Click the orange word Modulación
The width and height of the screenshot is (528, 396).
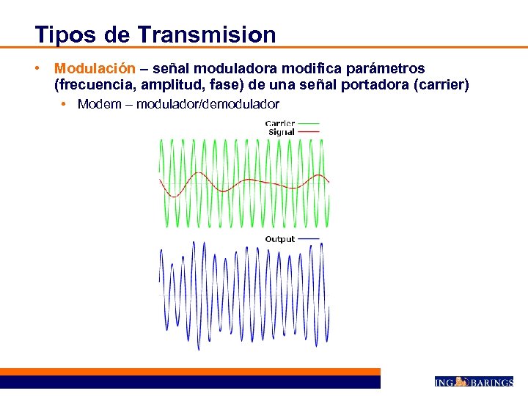point(95,68)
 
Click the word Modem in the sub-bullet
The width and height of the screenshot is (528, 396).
point(98,103)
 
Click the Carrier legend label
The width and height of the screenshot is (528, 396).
point(280,123)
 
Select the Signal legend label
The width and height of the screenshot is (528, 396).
point(282,132)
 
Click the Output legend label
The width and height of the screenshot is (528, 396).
point(279,239)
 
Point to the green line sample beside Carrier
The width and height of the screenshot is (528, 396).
point(309,123)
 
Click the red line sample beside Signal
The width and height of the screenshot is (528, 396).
point(309,132)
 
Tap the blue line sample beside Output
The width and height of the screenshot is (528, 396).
point(309,239)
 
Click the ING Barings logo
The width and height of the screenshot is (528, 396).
point(473,381)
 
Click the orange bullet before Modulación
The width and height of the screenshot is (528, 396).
point(35,68)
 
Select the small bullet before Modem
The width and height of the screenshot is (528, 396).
point(65,103)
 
